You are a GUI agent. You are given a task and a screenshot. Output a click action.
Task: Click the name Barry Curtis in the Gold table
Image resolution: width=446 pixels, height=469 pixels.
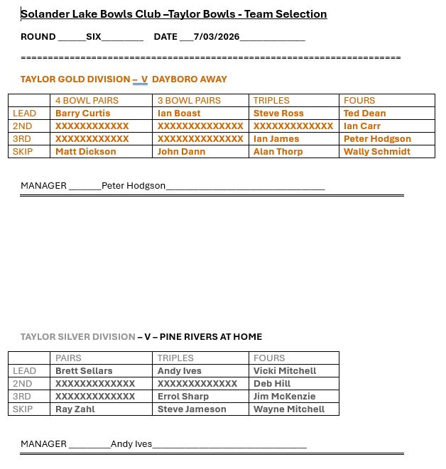coord(82,114)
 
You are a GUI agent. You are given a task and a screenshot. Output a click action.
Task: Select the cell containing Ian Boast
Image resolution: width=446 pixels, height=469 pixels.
coord(179,114)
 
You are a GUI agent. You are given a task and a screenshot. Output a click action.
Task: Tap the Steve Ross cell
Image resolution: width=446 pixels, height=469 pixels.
coord(278,114)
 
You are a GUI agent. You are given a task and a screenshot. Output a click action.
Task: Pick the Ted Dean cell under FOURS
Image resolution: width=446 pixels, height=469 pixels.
coord(364,114)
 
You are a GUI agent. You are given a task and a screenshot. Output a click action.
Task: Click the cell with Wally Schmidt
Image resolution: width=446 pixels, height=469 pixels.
coord(376,152)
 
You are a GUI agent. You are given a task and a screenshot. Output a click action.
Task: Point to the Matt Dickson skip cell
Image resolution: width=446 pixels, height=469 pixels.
coord(85,152)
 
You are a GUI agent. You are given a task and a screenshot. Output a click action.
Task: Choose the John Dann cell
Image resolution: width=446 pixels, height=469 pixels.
coord(181,152)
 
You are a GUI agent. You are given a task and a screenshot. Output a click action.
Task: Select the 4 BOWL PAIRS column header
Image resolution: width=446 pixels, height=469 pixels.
coord(87,101)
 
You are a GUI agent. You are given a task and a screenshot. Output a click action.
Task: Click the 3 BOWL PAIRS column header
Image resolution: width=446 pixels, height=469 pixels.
coord(189,101)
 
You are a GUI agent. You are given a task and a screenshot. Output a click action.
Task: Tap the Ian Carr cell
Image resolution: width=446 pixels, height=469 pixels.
coord(362,126)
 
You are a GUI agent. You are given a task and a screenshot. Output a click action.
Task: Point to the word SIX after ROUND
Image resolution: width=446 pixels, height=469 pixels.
coord(94,37)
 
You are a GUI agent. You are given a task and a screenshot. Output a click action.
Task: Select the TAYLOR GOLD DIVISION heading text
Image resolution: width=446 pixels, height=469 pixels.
coord(75,79)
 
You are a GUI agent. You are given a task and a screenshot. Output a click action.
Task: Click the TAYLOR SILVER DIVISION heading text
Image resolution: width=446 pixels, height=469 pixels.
coord(77,337)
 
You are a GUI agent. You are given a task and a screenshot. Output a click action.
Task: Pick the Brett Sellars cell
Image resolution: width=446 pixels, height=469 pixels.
coord(84,371)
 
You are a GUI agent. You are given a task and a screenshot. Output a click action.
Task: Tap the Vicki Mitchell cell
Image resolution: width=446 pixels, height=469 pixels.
coord(285,371)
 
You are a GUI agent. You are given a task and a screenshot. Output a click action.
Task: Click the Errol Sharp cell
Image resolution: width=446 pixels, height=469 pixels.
coord(183,397)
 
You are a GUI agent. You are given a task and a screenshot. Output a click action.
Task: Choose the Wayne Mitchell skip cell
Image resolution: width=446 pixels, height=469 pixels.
coord(288,409)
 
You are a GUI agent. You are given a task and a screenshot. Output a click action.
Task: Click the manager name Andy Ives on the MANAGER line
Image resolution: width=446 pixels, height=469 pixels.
coord(131,444)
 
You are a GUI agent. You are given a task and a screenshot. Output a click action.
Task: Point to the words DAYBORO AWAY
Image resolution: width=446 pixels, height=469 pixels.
coord(190,79)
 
